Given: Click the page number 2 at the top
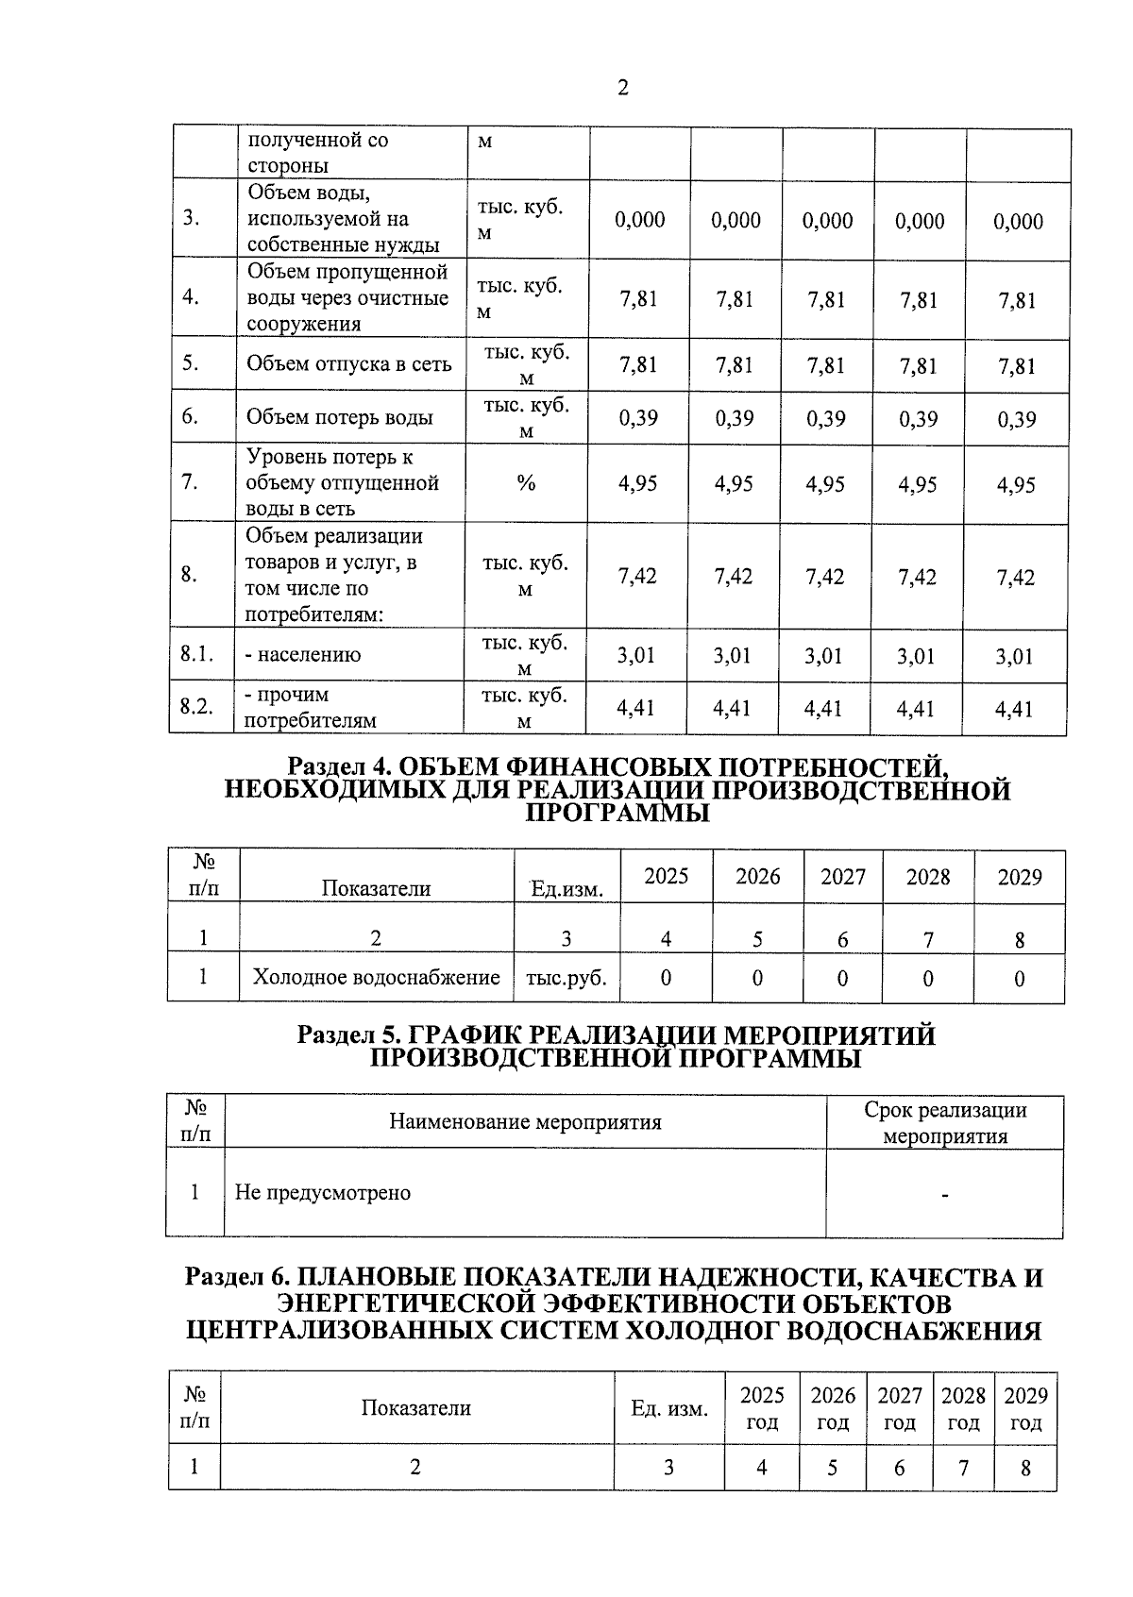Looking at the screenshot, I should [x=622, y=88].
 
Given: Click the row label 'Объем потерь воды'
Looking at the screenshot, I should [x=340, y=417].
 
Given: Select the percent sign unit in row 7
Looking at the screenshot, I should [x=526, y=483].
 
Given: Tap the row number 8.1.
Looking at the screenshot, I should [x=197, y=653].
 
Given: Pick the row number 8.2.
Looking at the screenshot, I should [x=197, y=707].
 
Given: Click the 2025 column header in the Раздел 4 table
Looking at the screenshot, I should [x=666, y=876].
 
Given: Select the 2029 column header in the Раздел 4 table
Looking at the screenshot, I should [x=1020, y=877].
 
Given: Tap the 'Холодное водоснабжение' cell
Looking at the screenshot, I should [x=376, y=977].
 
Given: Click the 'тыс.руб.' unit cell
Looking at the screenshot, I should [x=566, y=978].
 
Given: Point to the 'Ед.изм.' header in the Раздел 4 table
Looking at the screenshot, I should [x=566, y=888].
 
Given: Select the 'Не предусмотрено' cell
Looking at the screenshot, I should [x=323, y=1192].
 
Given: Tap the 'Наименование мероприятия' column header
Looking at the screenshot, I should [x=525, y=1121].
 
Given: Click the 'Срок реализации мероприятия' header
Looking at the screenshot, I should [x=944, y=1122].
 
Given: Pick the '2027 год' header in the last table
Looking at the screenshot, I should [x=899, y=1408].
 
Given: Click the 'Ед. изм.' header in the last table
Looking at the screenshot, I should [x=669, y=1409].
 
